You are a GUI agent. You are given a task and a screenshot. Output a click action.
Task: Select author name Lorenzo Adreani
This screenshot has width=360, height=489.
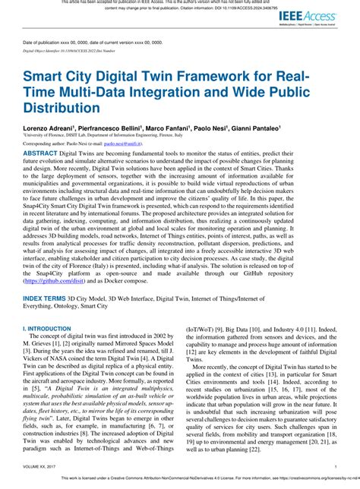click(49, 130)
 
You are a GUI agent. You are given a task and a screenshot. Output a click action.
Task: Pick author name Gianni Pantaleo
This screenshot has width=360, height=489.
click(256, 130)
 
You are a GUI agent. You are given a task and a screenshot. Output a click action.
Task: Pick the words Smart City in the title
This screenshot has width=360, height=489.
click(62, 78)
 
